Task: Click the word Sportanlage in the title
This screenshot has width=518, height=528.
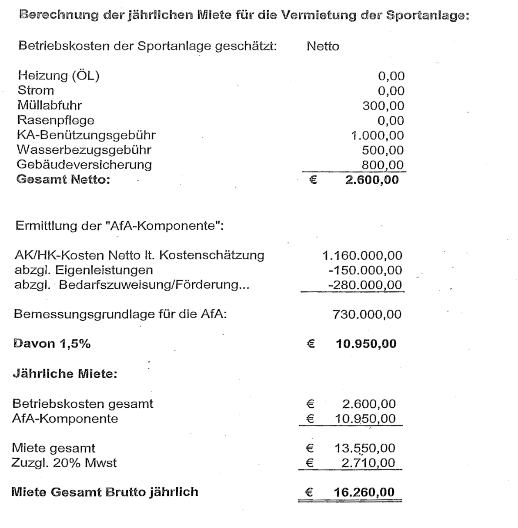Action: pyautogui.click(x=426, y=16)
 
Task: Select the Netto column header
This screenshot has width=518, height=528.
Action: pyautogui.click(x=323, y=46)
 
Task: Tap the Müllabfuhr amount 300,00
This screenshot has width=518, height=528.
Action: pyautogui.click(x=383, y=106)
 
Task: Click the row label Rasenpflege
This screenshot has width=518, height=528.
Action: pyautogui.click(x=56, y=120)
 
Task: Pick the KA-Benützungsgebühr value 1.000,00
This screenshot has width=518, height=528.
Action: pyautogui.click(x=377, y=135)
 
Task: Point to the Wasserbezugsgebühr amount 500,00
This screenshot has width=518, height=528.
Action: pyautogui.click(x=383, y=150)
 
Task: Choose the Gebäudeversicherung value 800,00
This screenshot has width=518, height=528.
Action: pyautogui.click(x=383, y=165)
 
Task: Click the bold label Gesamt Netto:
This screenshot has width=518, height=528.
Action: pyautogui.click(x=63, y=179)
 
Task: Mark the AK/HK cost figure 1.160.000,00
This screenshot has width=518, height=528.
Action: pyautogui.click(x=362, y=255)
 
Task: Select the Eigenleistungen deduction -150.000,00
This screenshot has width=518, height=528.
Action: pyautogui.click(x=365, y=270)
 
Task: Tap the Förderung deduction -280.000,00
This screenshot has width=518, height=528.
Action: pyautogui.click(x=365, y=285)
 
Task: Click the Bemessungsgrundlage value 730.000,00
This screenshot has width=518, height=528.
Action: pyautogui.click(x=367, y=314)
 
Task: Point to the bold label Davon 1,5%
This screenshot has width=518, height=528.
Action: pyautogui.click(x=52, y=344)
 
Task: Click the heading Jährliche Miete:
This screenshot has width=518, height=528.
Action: pyautogui.click(x=65, y=373)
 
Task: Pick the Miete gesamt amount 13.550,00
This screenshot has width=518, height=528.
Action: pyautogui.click(x=365, y=448)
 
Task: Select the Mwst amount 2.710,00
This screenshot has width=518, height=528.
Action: pyautogui.click(x=368, y=463)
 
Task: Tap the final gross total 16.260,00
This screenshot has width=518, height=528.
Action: pyautogui.click(x=364, y=492)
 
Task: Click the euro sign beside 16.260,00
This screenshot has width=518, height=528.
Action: pyautogui.click(x=309, y=492)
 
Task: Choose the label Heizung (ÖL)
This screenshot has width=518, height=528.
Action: pyautogui.click(x=59, y=76)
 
